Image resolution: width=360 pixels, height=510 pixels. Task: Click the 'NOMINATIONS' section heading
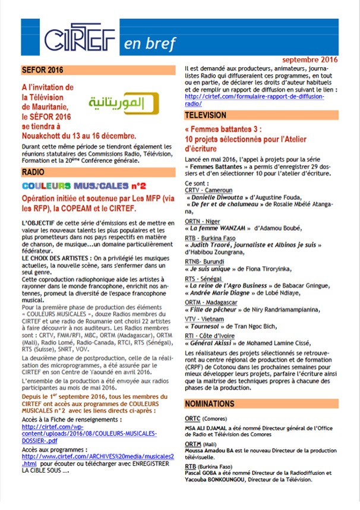tap(214, 404)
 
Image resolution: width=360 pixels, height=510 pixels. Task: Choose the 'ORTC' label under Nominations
tap(192, 418)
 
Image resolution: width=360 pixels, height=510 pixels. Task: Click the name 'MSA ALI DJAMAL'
tap(207, 427)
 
